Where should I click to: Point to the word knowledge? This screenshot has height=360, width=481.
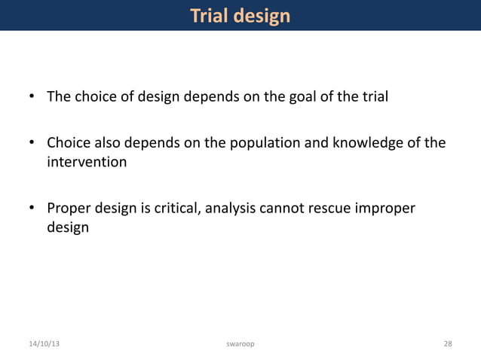[367, 143]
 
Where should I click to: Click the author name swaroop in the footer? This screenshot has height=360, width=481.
[240, 344]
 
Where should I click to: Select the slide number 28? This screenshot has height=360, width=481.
[448, 344]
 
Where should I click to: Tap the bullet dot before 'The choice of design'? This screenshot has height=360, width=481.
[32, 98]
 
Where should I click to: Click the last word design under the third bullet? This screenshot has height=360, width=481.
[68, 227]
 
